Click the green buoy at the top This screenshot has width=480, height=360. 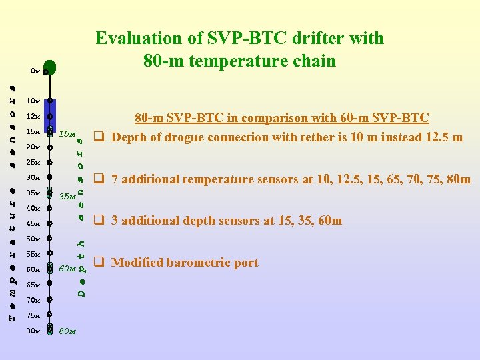[x=51, y=69]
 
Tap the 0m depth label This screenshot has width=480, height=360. [x=35, y=70]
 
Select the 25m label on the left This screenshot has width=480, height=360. [x=33, y=162]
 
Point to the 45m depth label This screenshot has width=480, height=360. [x=33, y=223]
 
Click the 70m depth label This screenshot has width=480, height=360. [x=33, y=300]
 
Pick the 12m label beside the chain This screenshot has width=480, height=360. [x=33, y=117]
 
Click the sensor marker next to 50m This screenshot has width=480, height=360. [x=50, y=239]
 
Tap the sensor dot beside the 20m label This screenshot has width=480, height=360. [x=50, y=147]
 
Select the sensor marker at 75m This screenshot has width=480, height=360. [x=50, y=315]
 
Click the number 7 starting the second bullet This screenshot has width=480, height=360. [x=115, y=179]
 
